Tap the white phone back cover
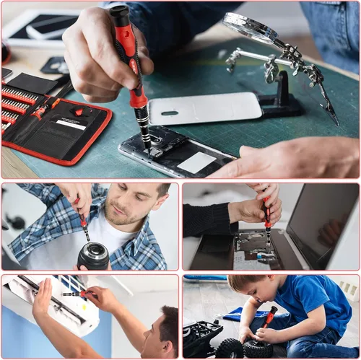(206, 108)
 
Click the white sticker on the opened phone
(196, 162)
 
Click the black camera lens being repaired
(93, 255)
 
